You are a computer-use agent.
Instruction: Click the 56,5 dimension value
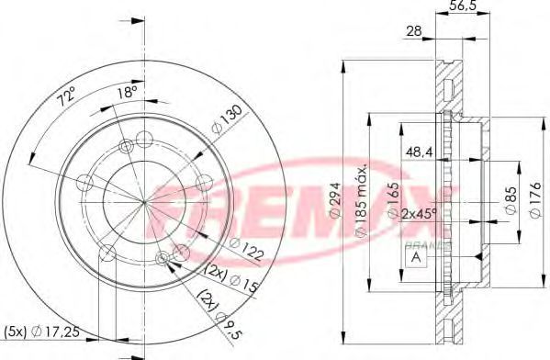462,6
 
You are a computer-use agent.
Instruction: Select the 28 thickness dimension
414,31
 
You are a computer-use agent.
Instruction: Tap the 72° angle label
67,96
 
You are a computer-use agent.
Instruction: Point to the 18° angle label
127,93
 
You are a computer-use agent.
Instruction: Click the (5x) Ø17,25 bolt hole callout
41,331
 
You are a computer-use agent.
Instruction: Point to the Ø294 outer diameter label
335,201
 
